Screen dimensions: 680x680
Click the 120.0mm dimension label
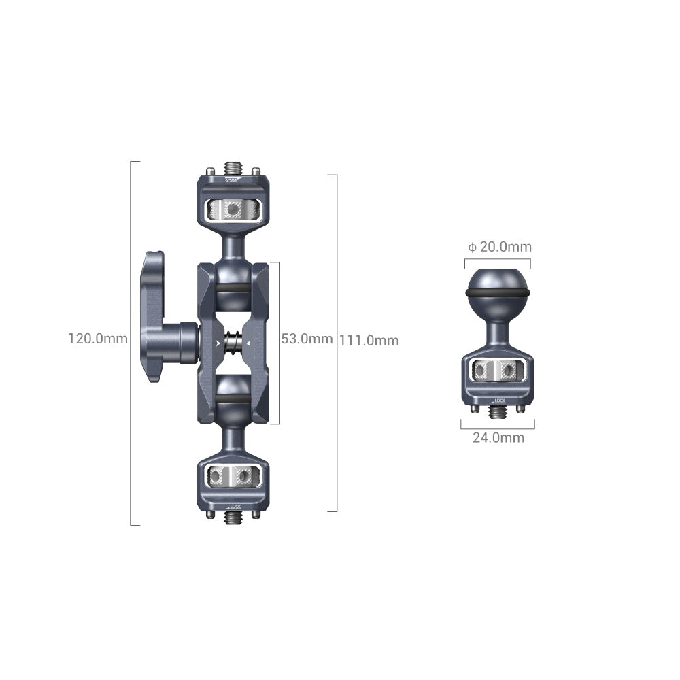coord(97,338)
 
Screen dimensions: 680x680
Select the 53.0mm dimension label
coord(307,339)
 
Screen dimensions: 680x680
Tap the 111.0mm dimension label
coord(369,341)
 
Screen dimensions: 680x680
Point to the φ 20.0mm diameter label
coord(498,247)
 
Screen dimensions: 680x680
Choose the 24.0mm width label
coord(498,438)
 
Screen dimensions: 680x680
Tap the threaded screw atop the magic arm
coord(233,167)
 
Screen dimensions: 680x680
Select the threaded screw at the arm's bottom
coord(233,517)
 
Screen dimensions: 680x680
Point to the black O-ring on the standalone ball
coord(498,292)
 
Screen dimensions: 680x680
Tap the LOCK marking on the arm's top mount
coord(233,181)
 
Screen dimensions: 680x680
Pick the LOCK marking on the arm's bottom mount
coord(233,505)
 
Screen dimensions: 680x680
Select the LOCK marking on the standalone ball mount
coord(498,401)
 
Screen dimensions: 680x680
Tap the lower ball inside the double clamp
coord(233,396)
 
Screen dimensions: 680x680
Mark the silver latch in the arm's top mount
coord(233,209)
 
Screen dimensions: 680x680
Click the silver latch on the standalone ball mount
coord(498,370)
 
